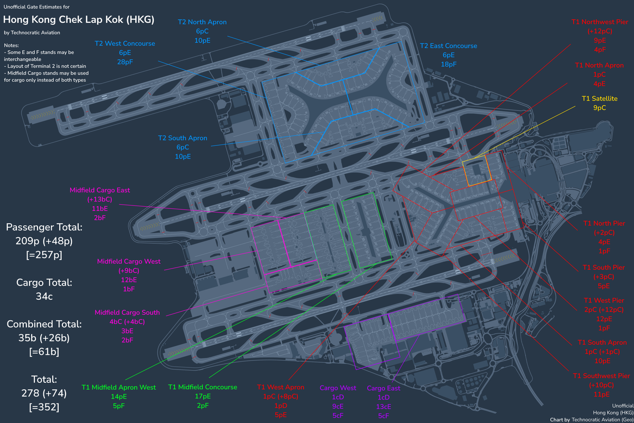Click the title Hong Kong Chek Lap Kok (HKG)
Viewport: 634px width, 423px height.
click(x=79, y=20)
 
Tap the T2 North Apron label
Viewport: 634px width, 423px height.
click(x=202, y=22)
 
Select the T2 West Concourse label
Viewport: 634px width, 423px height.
click(x=125, y=43)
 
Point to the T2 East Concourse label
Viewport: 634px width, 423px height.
click(x=448, y=46)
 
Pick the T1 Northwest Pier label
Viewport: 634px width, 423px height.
click(x=600, y=22)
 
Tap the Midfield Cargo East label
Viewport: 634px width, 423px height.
click(x=100, y=190)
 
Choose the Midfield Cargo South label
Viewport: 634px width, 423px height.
click(x=127, y=312)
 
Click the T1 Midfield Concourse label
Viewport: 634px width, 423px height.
click(x=202, y=387)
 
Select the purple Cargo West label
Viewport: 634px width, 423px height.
click(x=338, y=388)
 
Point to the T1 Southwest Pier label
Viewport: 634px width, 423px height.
click(x=600, y=376)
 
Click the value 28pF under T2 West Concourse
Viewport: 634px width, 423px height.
click(x=125, y=62)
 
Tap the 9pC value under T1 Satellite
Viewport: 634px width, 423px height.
click(x=599, y=108)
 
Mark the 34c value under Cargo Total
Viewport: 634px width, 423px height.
click(x=44, y=296)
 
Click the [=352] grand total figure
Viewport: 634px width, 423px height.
click(x=44, y=407)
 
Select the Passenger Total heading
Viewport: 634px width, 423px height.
click(x=44, y=227)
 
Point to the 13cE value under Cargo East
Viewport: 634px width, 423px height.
click(x=384, y=406)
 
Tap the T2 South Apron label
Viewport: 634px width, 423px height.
click(x=182, y=138)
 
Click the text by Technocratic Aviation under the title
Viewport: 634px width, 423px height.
click(x=32, y=33)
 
